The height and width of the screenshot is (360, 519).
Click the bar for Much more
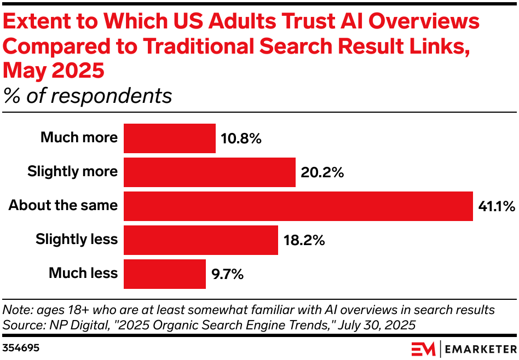170,138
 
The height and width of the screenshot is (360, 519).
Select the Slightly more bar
210,172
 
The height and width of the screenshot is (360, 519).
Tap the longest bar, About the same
298,206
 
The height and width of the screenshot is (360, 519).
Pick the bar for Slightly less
201,240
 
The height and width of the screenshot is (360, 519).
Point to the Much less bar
165,274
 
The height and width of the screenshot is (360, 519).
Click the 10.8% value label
241,138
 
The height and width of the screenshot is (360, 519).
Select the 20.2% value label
322,173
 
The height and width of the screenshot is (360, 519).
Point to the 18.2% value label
304,241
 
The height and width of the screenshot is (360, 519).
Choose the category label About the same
63,206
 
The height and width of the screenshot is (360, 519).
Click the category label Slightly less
77,240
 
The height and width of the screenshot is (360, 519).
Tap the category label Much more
79,137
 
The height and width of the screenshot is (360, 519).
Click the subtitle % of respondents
88,96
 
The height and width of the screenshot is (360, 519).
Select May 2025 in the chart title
53,71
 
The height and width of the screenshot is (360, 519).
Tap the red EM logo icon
424,349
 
